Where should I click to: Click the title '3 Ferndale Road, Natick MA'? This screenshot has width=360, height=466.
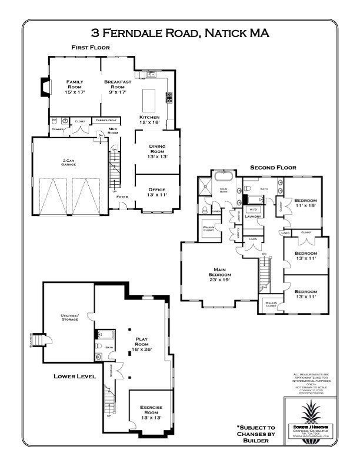pyautogui.click(x=180, y=34)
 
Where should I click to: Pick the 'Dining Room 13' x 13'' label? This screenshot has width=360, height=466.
pyautogui.click(x=156, y=151)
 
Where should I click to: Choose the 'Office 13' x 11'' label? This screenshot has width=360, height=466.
pyautogui.click(x=156, y=192)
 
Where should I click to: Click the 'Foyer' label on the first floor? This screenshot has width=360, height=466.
pyautogui.click(x=122, y=205)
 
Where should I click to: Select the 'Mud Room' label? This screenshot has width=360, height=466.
pyautogui.click(x=113, y=131)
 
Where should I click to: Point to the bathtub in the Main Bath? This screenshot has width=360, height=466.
pyautogui.click(x=224, y=177)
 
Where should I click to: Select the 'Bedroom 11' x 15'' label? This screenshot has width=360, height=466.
pyautogui.click(x=305, y=202)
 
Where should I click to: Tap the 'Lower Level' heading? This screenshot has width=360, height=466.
pyautogui.click(x=75, y=376)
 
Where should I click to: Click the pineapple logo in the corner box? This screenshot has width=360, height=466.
pyautogui.click(x=309, y=410)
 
